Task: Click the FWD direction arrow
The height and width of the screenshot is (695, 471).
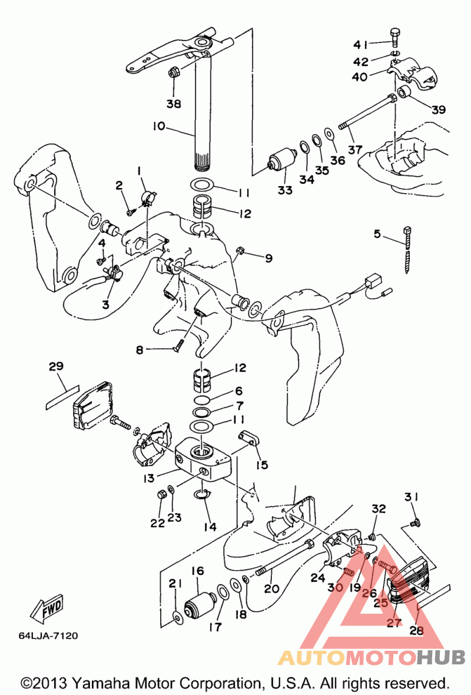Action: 47,608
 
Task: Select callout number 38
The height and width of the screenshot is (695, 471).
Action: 174,104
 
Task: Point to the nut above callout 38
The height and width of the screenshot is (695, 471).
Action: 174,72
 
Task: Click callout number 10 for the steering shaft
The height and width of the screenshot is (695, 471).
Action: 158,126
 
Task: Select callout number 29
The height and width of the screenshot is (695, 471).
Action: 57,366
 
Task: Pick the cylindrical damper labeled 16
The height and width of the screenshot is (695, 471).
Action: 200,606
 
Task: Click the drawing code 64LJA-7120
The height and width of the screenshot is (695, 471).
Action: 48,636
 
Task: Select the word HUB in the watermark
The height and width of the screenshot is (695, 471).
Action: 440,657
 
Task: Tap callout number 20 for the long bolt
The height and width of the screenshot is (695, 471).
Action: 271,588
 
